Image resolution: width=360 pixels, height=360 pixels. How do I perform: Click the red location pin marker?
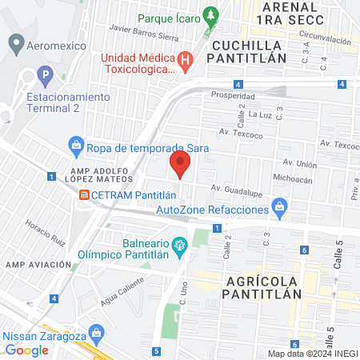click(181, 165)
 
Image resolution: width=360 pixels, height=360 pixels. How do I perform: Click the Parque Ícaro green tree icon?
click(211, 16)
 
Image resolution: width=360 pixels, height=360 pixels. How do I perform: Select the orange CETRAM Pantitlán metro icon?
click(84, 195)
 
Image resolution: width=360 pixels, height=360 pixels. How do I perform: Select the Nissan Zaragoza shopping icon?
click(96, 331)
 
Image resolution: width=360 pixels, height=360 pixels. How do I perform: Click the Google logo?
click(27, 350)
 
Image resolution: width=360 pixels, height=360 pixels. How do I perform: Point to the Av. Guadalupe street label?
click(237, 190)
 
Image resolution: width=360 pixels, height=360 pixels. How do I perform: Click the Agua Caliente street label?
click(124, 284)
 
